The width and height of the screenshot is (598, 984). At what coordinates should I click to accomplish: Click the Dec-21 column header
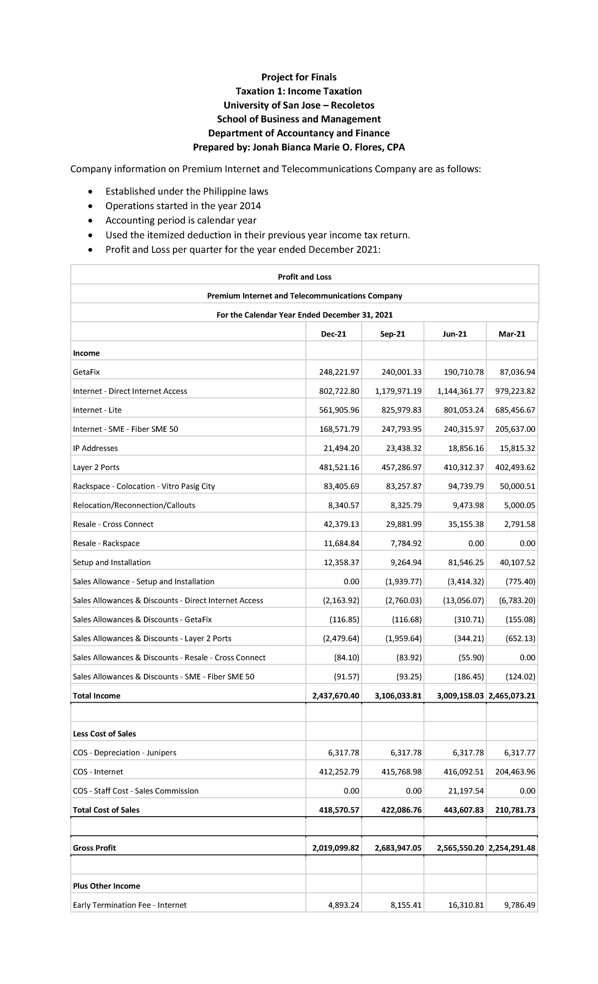333,334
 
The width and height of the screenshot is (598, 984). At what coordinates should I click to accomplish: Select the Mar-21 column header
512,334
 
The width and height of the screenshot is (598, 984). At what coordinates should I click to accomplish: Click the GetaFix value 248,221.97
339,372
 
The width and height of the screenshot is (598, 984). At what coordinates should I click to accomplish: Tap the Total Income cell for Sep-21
398,696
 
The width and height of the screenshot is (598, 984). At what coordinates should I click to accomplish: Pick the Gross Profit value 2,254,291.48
512,848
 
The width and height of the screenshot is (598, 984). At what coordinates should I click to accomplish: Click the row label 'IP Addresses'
95,448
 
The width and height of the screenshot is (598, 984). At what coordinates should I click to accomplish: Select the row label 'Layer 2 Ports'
96,467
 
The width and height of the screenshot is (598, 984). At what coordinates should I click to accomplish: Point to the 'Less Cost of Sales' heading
104,734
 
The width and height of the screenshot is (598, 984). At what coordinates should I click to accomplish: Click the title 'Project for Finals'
299,77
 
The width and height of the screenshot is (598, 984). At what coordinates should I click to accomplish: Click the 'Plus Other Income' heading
106,886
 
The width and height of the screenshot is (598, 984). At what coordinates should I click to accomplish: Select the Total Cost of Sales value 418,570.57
339,810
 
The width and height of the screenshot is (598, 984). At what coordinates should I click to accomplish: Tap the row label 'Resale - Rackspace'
106,543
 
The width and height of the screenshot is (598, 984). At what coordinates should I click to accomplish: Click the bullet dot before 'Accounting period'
90,221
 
